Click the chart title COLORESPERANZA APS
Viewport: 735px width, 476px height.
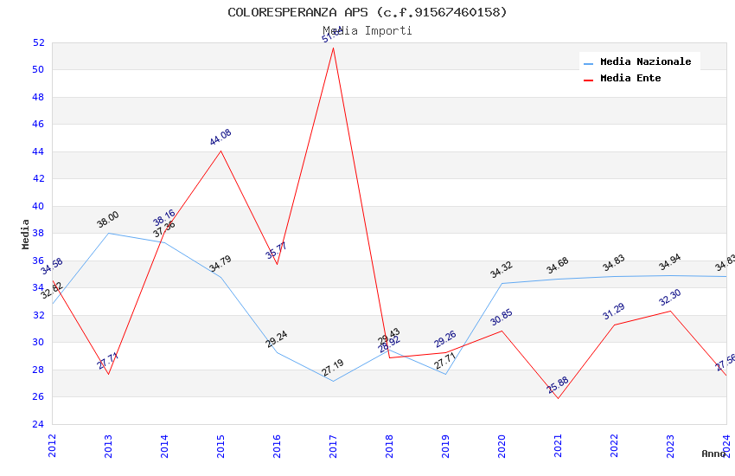(x=367, y=12)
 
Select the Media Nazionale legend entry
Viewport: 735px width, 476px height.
(x=645, y=62)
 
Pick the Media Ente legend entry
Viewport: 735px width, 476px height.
(x=630, y=79)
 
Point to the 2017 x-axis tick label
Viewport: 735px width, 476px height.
(x=334, y=446)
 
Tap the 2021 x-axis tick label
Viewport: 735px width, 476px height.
(x=559, y=446)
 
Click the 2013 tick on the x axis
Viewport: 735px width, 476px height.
(x=109, y=446)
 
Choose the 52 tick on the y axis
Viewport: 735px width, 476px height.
(x=38, y=42)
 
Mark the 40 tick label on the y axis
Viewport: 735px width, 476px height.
(x=38, y=206)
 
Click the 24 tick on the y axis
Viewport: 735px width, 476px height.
(x=38, y=424)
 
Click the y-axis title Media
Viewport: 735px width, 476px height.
(x=26, y=234)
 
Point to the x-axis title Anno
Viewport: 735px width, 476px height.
(x=713, y=453)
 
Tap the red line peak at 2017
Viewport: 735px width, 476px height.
(x=333, y=48)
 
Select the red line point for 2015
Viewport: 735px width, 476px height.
(x=220, y=151)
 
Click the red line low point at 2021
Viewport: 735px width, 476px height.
(x=558, y=398)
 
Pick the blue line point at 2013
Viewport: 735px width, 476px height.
(x=108, y=233)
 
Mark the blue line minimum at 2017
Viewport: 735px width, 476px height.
(x=333, y=381)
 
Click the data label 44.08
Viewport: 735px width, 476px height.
(x=220, y=137)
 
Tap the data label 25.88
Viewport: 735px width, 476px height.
(x=558, y=385)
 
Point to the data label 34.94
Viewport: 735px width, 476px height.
(x=670, y=263)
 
